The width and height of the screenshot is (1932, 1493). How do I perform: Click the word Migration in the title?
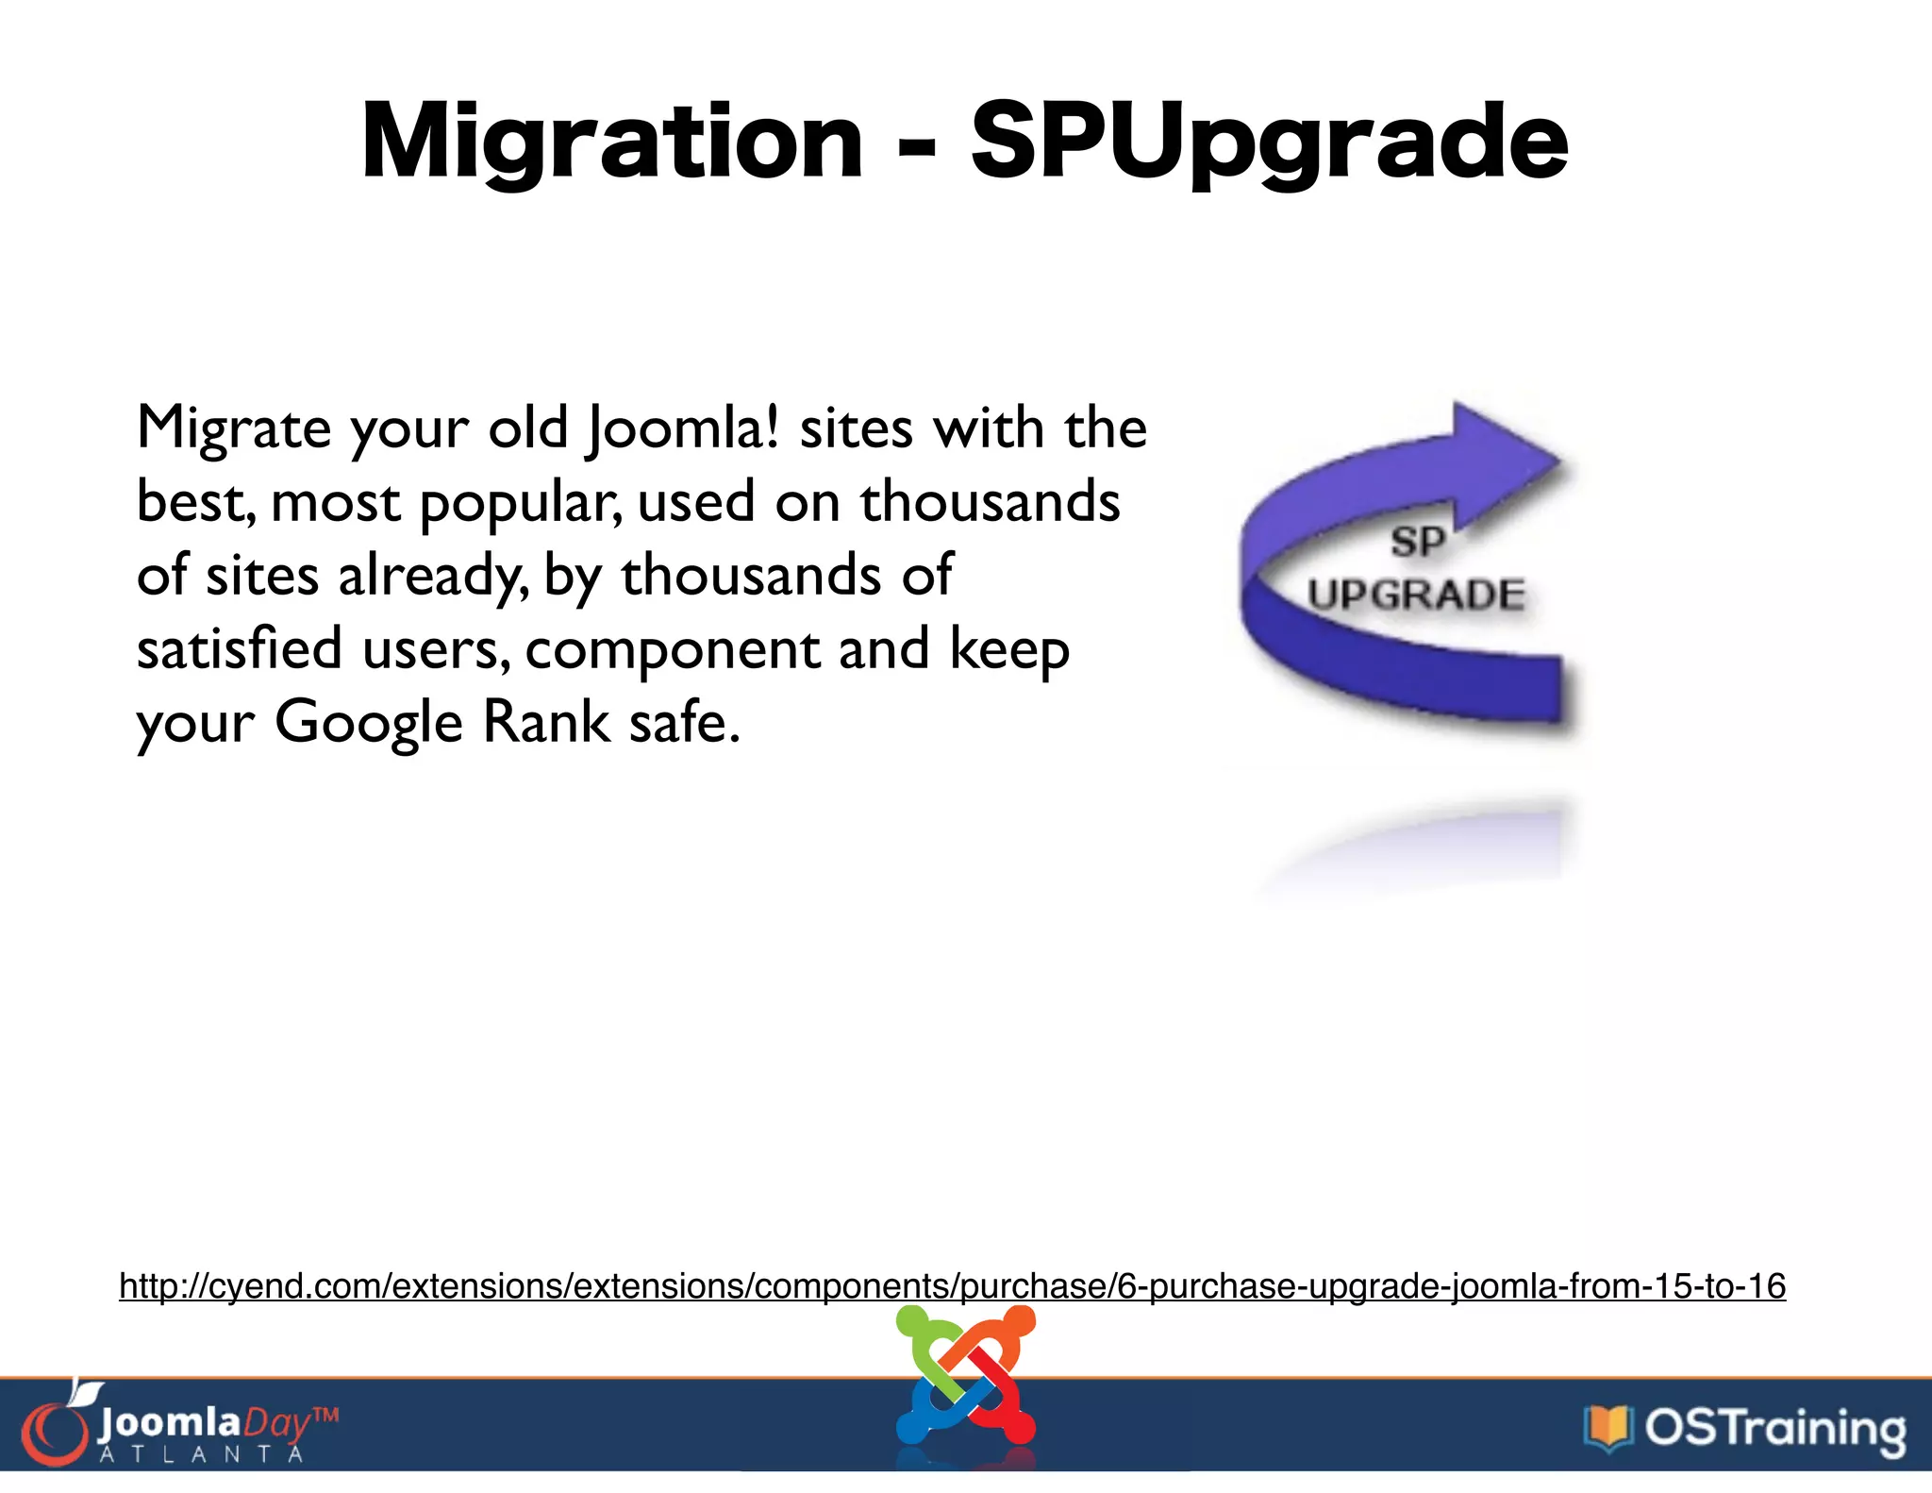(x=611, y=143)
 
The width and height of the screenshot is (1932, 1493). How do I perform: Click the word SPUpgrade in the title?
(x=1269, y=143)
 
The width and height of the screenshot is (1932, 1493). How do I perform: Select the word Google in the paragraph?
(x=368, y=724)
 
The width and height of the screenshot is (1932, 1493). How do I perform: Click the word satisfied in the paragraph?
(x=239, y=649)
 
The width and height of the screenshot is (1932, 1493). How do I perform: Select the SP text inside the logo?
(x=1417, y=543)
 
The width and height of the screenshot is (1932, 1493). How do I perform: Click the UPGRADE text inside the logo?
(x=1415, y=595)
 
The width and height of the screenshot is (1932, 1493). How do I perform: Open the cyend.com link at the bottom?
(x=952, y=1286)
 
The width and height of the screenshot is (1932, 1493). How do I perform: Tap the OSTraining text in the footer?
(x=1774, y=1428)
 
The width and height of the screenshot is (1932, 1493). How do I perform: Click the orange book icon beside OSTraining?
(x=1608, y=1428)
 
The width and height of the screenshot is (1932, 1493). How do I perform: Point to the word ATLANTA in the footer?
(x=201, y=1454)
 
